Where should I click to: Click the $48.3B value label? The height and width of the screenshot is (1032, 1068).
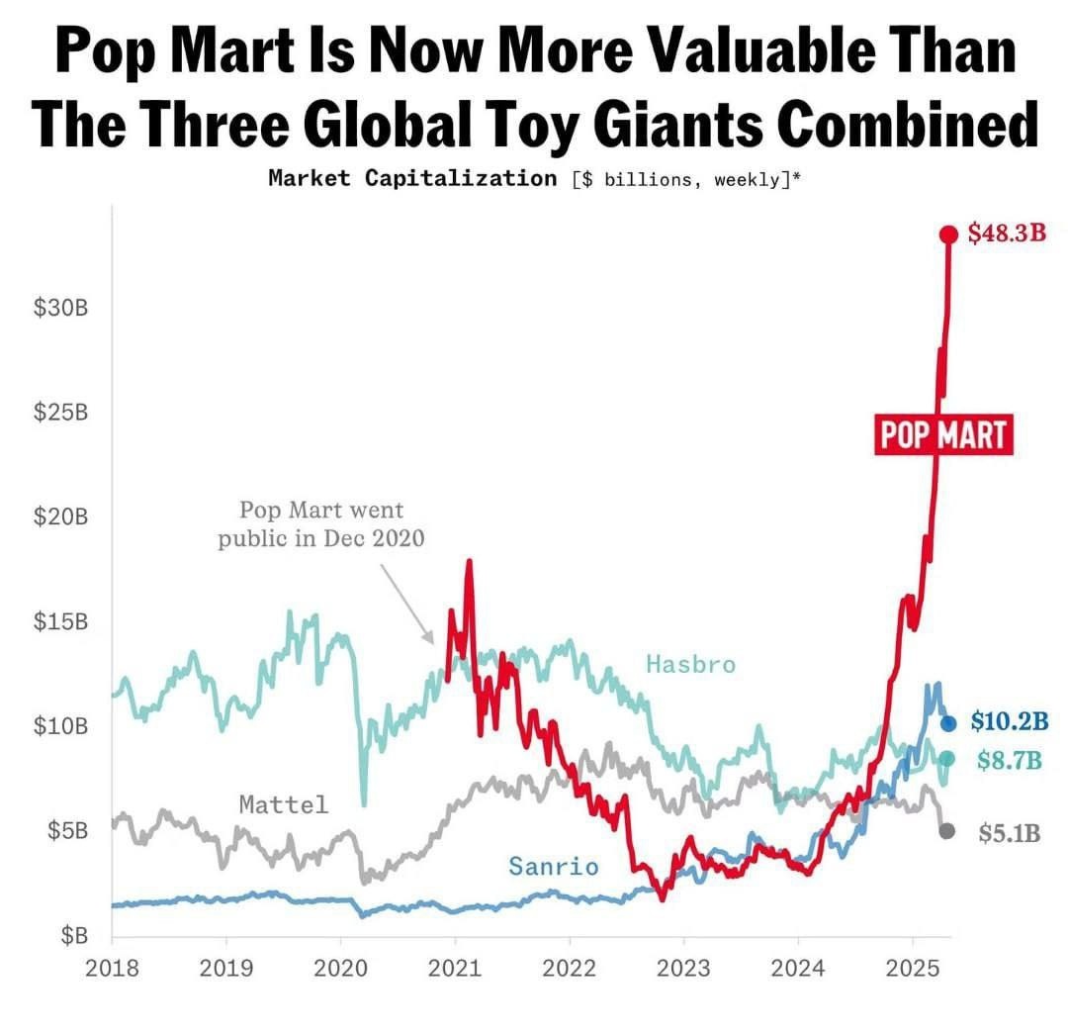tap(1006, 234)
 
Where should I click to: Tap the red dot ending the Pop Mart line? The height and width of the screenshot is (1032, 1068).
tap(948, 235)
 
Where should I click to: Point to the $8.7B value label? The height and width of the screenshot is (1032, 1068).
tap(1009, 759)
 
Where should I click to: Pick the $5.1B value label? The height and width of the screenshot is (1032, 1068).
tap(1010, 832)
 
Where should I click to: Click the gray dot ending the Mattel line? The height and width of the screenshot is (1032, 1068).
tap(946, 831)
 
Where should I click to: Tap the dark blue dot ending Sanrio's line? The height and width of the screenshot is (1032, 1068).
tap(948, 723)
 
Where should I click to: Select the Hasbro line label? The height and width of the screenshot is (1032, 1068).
tap(690, 664)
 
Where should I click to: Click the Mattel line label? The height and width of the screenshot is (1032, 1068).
tap(283, 804)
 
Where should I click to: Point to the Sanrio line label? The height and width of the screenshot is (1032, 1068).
tap(553, 867)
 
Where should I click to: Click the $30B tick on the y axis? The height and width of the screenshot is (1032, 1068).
tap(62, 308)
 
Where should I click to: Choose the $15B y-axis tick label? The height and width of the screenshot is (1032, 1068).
tap(62, 622)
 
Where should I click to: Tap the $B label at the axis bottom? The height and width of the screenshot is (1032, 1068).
tap(73, 935)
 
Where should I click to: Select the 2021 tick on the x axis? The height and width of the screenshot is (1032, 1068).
tap(455, 968)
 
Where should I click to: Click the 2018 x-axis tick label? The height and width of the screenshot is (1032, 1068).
tap(112, 968)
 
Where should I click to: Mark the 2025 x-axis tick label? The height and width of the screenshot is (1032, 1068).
tap(913, 968)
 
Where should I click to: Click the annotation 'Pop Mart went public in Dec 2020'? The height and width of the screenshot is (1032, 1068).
tap(321, 524)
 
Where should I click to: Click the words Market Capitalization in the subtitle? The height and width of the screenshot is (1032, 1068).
tap(411, 178)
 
